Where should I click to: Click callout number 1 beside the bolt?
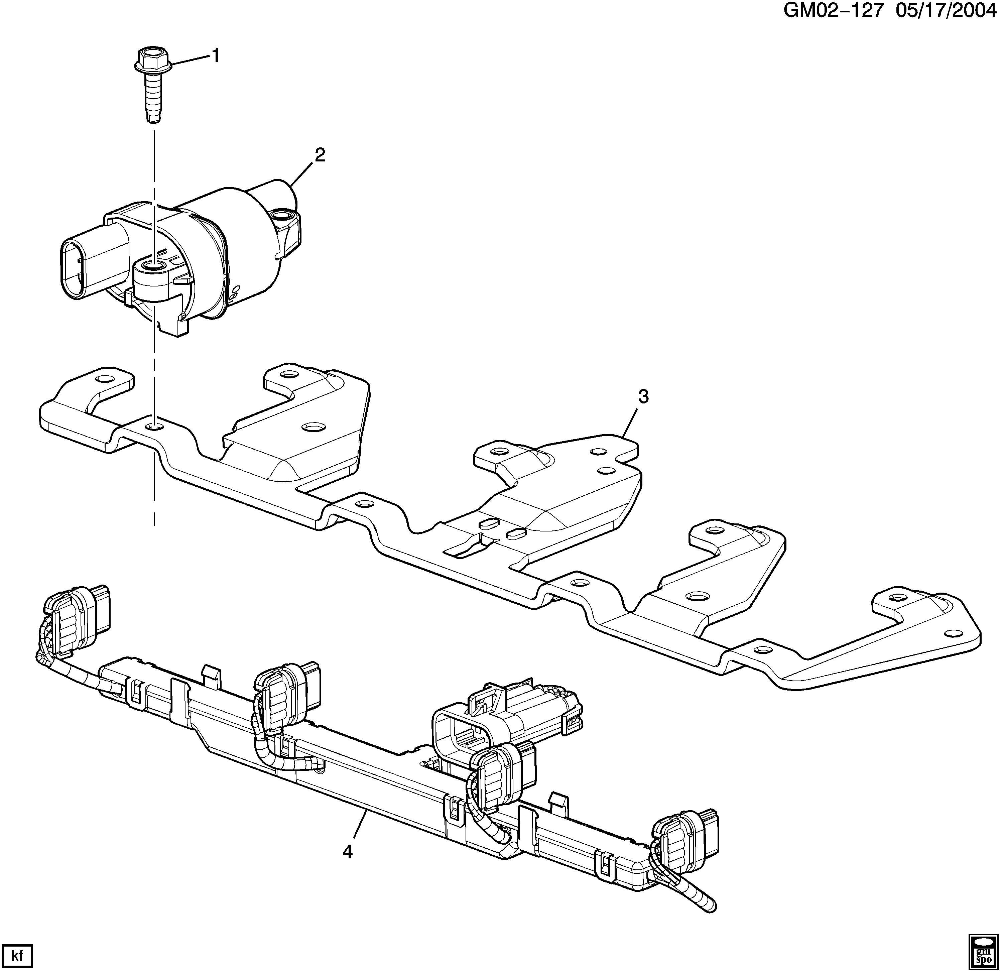pyautogui.click(x=216, y=55)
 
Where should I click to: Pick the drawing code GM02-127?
pyautogui.click(x=833, y=11)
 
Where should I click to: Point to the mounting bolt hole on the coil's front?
pyautogui.click(x=152, y=265)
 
